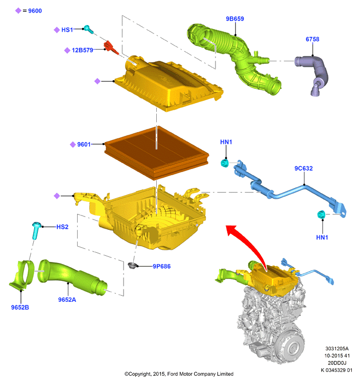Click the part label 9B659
point(234,19)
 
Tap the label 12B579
point(82,50)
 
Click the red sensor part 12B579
point(111,47)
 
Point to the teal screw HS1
point(88,29)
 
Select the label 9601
point(84,145)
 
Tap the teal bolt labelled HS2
point(36,230)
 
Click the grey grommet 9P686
point(132,266)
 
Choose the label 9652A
point(67,300)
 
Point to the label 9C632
point(303,169)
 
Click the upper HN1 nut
point(225,163)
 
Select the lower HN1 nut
point(321,214)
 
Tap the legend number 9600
point(35,11)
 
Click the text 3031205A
point(337,348)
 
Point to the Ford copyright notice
point(179,374)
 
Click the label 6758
point(312,39)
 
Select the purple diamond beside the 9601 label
point(73,145)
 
